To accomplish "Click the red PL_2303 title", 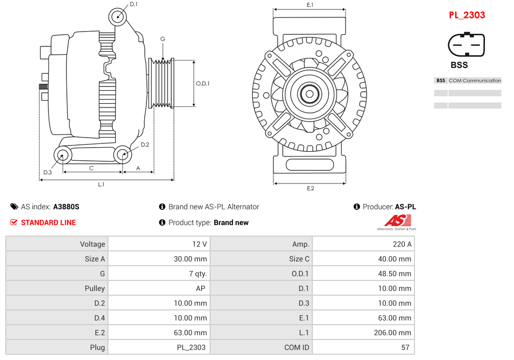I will click(x=467, y=15).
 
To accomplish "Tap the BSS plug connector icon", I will click(x=466, y=45).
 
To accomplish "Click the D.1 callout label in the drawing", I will click(x=134, y=4).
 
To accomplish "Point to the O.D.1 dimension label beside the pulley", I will click(x=203, y=83).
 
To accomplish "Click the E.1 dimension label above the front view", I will click(x=310, y=5).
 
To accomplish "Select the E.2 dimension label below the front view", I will click(x=310, y=189).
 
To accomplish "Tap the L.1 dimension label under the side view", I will click(x=101, y=184).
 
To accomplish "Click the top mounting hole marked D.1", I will click(x=118, y=16).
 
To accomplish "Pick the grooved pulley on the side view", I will click(x=162, y=83).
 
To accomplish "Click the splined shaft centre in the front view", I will click(x=310, y=95).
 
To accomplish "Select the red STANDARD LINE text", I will click(x=48, y=222).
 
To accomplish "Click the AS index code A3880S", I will click(x=66, y=207).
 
